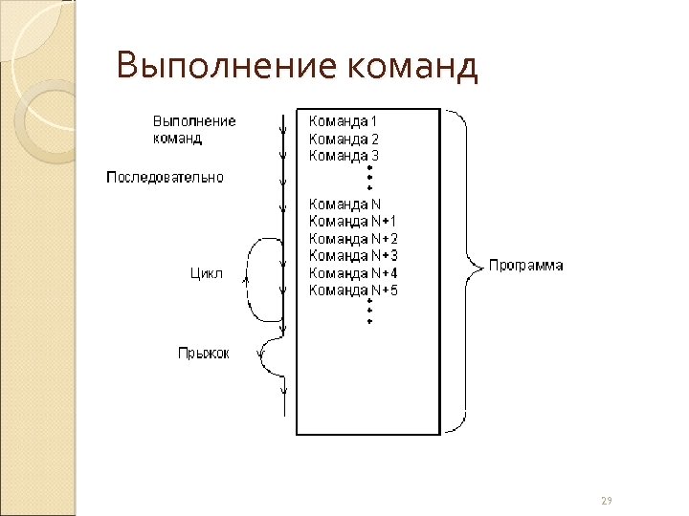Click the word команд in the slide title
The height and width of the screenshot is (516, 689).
tap(411, 66)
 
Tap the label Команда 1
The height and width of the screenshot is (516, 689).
tap(344, 121)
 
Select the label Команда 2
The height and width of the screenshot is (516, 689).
tap(344, 139)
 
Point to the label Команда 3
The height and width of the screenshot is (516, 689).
tap(344, 155)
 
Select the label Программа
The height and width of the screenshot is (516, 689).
tap(525, 266)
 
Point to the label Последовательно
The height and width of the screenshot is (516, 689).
tap(165, 177)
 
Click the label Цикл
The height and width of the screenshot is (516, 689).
tap(207, 274)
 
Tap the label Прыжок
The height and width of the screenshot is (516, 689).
tap(203, 354)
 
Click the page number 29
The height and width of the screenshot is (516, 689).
tap(606, 501)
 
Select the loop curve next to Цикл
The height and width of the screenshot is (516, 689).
tap(251, 278)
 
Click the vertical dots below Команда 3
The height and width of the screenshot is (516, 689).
tap(369, 178)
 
